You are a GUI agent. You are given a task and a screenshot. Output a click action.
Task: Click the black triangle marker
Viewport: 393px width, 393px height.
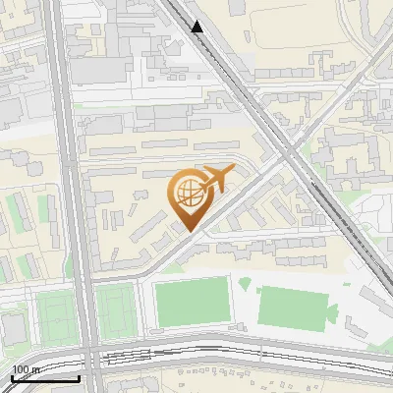pos(197,27)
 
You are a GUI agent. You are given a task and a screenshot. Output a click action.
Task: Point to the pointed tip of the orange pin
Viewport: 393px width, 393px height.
pos(189,232)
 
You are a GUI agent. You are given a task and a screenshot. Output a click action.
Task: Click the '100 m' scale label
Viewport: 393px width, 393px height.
pos(27,369)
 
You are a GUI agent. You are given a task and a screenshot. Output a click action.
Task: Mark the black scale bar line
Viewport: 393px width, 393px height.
pos(45,378)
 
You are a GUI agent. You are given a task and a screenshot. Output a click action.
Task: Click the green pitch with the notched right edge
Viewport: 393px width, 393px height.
pos(294,307)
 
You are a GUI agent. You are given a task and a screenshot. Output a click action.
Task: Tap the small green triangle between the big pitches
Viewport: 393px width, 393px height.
pos(245,284)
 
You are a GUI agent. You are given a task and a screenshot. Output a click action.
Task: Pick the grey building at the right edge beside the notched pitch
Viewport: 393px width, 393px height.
pos(373,305)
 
